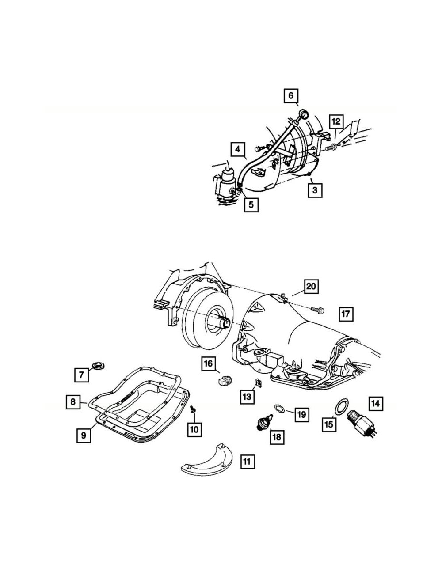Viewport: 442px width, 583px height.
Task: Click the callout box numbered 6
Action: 291,95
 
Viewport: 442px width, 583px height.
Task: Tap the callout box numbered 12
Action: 336,121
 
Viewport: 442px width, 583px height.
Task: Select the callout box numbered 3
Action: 315,190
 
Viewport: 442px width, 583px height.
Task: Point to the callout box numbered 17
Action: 346,314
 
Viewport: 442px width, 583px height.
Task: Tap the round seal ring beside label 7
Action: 99,366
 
